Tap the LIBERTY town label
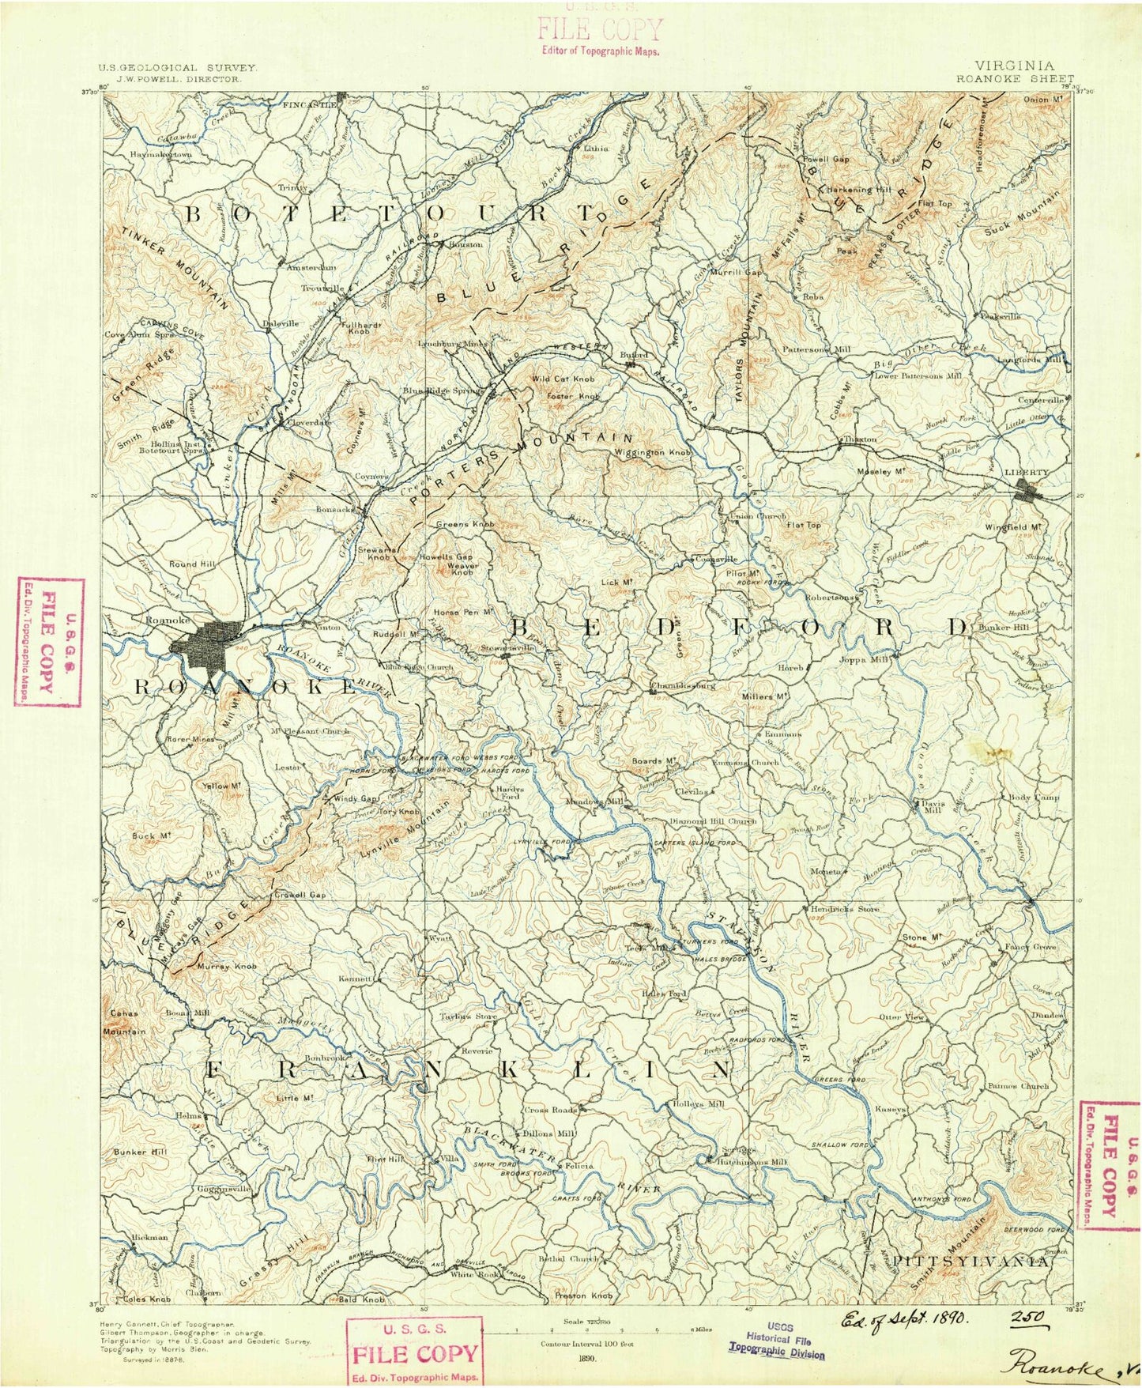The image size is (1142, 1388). [x=1026, y=473]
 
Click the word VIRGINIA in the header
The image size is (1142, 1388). [x=1014, y=66]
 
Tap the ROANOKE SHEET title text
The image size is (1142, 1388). [x=1015, y=79]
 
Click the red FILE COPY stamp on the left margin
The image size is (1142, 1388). [x=49, y=641]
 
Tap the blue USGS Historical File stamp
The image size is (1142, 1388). [x=776, y=1341]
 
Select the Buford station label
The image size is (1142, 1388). [x=633, y=356]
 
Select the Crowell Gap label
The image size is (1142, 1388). [x=300, y=895]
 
